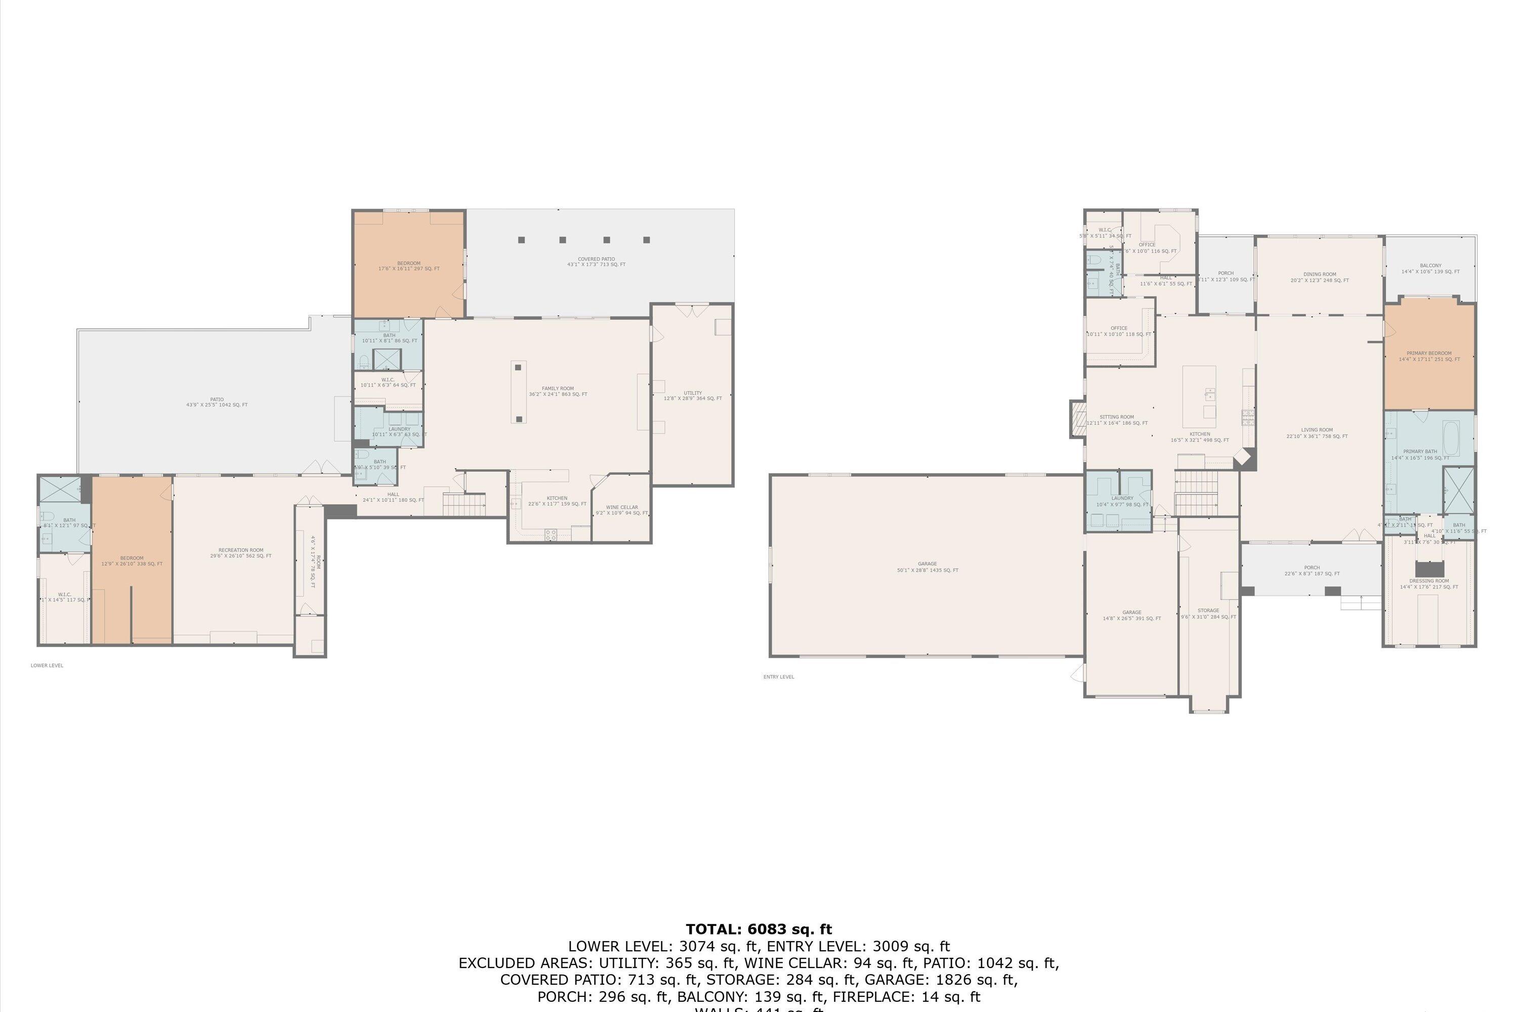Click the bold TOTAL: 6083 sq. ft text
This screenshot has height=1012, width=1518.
(x=758, y=930)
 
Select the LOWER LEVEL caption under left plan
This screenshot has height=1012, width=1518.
(x=47, y=665)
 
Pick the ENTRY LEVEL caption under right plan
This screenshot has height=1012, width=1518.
(x=778, y=677)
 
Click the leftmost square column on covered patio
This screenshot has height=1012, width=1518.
(x=522, y=240)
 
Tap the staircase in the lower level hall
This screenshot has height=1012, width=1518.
(x=463, y=503)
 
